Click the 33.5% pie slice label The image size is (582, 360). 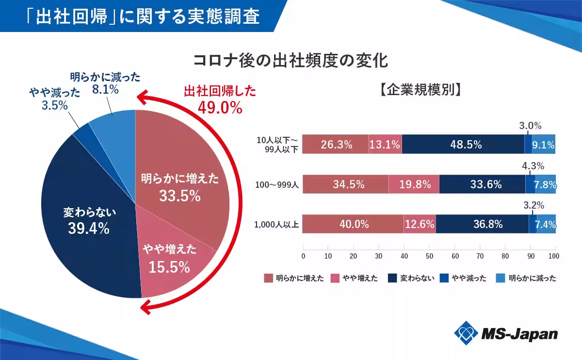point(180,196)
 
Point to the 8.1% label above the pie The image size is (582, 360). point(105,90)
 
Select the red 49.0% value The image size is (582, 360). point(220,108)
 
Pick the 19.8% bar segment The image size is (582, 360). point(414,184)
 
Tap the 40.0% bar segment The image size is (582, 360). point(353,225)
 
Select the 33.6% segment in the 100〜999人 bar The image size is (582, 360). point(483,184)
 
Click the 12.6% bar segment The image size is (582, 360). point(420,225)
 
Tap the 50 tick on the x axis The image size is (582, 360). point(429,256)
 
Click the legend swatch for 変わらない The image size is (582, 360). point(394,278)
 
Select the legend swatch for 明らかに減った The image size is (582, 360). point(501,278)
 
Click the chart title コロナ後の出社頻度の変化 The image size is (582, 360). point(291,61)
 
